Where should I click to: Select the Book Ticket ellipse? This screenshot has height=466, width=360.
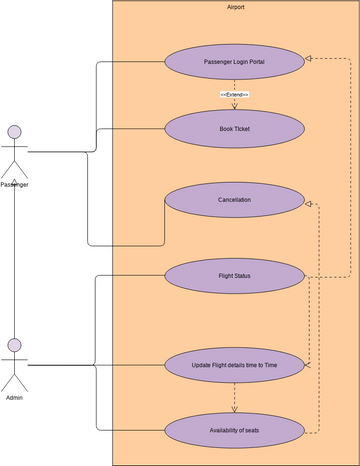point(234,129)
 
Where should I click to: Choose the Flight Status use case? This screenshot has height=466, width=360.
point(234,275)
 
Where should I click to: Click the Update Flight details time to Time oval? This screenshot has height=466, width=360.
point(234,365)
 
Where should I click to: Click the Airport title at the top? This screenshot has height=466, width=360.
point(235,7)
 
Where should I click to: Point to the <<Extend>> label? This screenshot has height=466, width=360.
point(234,94)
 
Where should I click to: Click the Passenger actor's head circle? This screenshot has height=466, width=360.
point(14,132)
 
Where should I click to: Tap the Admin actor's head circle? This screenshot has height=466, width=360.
point(14,346)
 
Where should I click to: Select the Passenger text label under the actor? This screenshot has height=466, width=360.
point(14,184)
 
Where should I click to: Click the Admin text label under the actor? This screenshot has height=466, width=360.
point(14,397)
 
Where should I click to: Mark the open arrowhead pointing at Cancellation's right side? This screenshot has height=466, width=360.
point(310,204)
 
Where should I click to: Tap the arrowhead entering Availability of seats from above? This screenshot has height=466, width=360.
point(234,410)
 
